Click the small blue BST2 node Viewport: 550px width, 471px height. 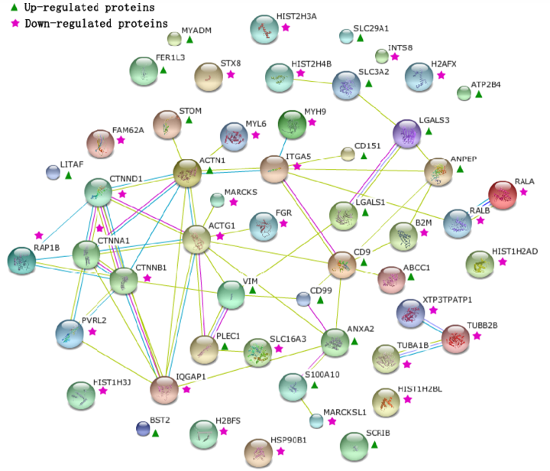[142, 428]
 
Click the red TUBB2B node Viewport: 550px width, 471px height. [458, 339]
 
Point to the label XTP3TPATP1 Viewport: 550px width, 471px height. [448, 299]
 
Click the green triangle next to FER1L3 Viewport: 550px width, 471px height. [163, 70]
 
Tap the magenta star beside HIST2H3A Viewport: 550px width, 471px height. [285, 28]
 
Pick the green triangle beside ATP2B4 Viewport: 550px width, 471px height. [479, 94]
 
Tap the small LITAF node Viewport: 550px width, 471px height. [53, 172]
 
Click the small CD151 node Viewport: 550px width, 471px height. [348, 154]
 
